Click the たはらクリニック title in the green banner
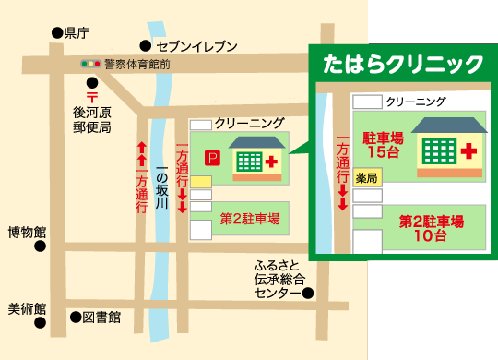coord(403,64)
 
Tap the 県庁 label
coord(75,32)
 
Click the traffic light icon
coord(90,64)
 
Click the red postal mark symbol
coord(91,93)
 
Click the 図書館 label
coord(101,317)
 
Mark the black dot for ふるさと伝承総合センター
coord(308,294)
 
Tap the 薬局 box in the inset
coord(366,178)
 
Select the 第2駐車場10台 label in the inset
coord(430,228)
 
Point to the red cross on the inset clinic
coord(469,150)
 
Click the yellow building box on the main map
coord(201,182)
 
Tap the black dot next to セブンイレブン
coord(145,45)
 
